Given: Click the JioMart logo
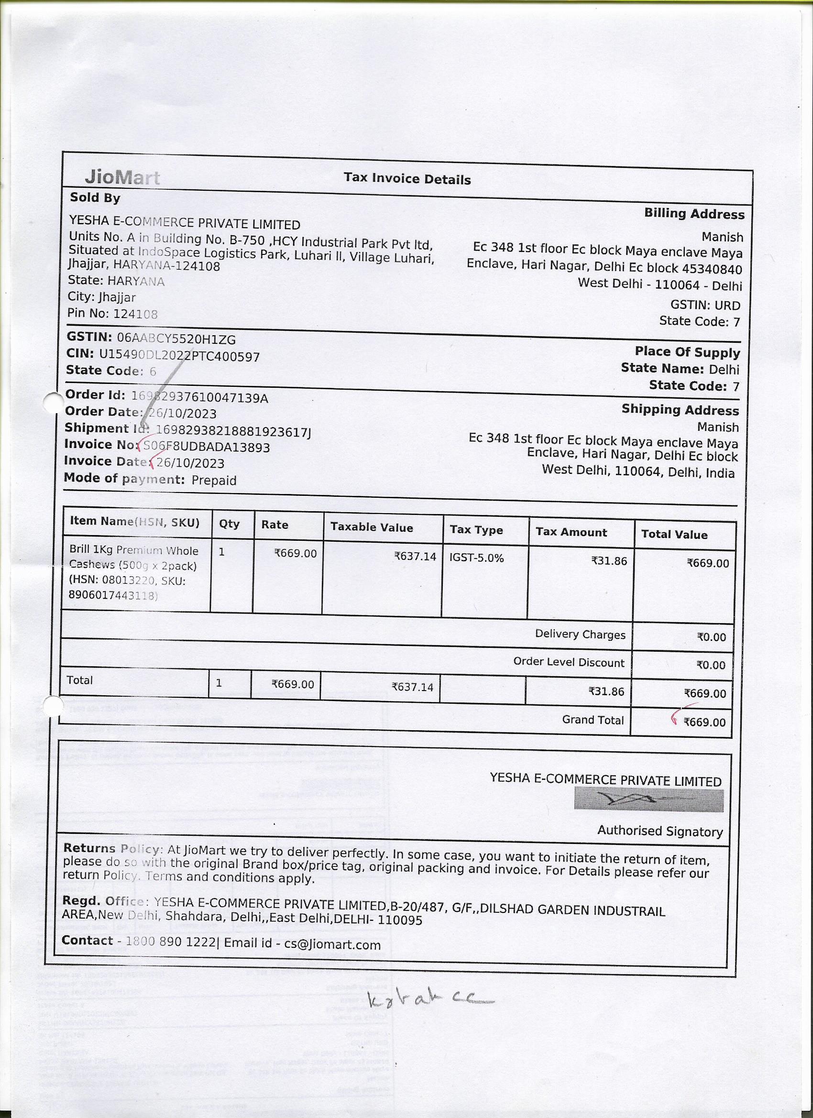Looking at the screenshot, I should (x=122, y=177).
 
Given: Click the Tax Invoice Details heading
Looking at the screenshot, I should (x=407, y=179).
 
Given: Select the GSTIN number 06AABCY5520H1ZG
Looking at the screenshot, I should (x=176, y=339).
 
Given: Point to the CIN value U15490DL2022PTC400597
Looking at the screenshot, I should (x=179, y=356).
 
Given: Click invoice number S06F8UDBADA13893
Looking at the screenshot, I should (x=207, y=447).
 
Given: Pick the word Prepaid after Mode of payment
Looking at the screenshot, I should (x=214, y=480).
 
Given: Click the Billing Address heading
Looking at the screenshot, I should (x=694, y=214).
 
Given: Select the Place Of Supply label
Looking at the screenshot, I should (x=687, y=352).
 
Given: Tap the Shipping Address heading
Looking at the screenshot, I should (x=680, y=410).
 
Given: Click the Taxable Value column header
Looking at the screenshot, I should (x=372, y=527).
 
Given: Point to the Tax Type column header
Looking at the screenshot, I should (x=476, y=530).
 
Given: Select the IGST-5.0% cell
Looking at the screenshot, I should (x=476, y=558).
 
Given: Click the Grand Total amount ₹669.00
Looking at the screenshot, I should (x=704, y=723).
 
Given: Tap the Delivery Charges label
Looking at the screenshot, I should (x=580, y=635).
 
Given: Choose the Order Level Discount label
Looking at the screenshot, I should (x=569, y=662).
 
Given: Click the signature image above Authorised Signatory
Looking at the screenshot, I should (x=648, y=799).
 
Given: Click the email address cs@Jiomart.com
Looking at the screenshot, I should (x=332, y=944).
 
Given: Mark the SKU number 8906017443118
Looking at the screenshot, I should (x=113, y=595).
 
